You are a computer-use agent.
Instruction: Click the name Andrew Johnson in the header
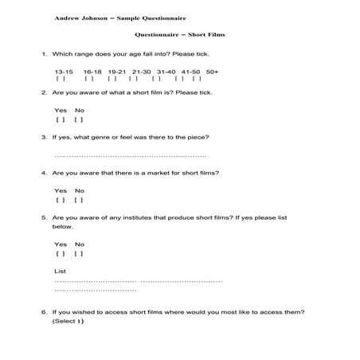[x=80, y=17]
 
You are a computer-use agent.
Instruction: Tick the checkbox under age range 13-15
[x=61, y=79]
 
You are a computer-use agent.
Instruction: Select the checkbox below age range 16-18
[x=88, y=79]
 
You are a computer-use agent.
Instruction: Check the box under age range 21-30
[x=133, y=79]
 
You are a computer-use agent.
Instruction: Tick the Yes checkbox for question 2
[x=61, y=119]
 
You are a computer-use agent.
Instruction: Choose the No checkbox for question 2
[x=78, y=119]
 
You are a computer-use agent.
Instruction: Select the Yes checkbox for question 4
[x=61, y=200]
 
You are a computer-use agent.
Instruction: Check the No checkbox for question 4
[x=78, y=200]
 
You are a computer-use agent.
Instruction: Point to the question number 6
[x=44, y=312]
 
